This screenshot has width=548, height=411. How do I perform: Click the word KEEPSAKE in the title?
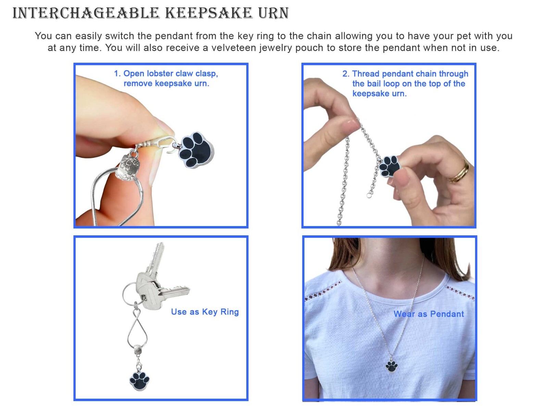209,13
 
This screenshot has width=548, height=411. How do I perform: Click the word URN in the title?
274,13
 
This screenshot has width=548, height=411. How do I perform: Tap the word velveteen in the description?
234,48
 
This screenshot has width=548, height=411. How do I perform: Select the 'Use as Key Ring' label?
205,312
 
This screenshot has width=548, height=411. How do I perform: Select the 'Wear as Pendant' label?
429,314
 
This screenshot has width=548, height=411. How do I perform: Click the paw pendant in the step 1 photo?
196,150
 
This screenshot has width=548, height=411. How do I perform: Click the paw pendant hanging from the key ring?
139,381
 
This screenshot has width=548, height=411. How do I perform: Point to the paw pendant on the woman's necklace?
391,366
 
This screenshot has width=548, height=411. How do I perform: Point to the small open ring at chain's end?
369,196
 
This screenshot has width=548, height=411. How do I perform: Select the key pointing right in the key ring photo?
172,291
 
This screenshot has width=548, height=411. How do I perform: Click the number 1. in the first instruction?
117,74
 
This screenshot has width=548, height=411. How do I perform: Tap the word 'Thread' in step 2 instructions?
366,74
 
